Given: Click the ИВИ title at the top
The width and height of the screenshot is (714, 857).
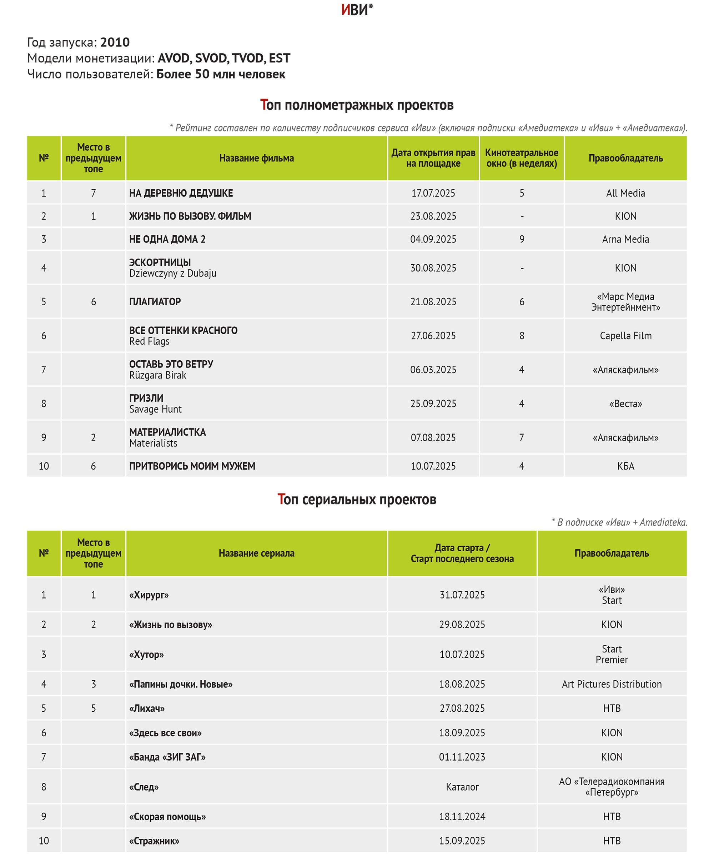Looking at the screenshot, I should click(x=356, y=10).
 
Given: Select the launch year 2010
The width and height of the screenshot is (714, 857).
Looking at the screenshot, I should click(x=115, y=42).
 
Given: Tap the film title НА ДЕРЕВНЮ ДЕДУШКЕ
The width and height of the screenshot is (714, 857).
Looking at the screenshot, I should click(x=181, y=193).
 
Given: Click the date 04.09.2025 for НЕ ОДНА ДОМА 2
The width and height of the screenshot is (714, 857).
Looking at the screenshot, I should click(x=433, y=239).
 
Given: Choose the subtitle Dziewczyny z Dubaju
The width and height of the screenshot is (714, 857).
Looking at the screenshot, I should click(x=172, y=274).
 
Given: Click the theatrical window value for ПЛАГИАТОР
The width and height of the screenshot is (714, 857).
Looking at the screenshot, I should click(x=522, y=302).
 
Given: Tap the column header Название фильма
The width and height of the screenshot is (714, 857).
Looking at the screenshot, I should click(x=256, y=158).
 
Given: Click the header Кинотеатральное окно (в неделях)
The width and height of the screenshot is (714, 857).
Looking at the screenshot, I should click(x=522, y=158).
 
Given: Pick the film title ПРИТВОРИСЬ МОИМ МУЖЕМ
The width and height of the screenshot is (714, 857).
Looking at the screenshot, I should click(x=192, y=466).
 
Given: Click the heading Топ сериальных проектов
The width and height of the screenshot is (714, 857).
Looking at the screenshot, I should click(x=357, y=499).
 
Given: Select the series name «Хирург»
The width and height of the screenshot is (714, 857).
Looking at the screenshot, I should click(x=149, y=595).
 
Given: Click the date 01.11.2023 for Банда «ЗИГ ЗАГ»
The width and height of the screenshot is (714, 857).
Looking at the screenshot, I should click(x=462, y=757).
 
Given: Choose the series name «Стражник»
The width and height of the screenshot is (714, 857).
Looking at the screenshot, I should click(x=154, y=841).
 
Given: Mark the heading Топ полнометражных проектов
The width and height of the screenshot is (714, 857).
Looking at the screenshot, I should click(x=357, y=105).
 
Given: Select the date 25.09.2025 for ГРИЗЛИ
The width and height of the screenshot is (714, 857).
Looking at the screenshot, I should click(x=433, y=404).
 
